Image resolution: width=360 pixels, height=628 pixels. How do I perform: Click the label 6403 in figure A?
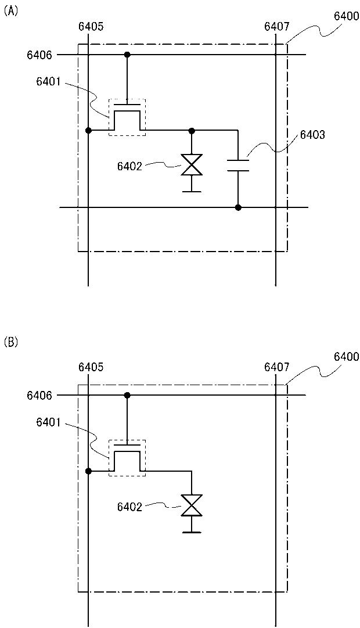[x=312, y=135]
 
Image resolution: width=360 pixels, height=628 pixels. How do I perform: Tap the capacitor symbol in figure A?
[x=238, y=164]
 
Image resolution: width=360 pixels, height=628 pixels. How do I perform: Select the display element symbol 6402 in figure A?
[x=191, y=165]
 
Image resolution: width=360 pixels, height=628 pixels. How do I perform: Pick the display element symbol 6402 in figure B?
[x=191, y=505]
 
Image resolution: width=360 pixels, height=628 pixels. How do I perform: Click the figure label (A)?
[x=11, y=11]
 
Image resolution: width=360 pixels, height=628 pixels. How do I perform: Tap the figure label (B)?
[x=11, y=342]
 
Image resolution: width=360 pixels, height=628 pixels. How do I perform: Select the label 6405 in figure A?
[x=90, y=26]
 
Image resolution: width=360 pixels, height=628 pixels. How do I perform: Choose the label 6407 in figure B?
[x=276, y=367]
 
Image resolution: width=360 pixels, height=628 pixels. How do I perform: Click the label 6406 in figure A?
[x=39, y=55]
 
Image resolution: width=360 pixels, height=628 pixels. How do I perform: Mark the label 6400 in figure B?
[x=347, y=356]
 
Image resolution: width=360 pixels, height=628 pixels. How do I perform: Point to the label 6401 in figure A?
[x=48, y=82]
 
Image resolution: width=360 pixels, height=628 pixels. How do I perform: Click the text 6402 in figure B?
[x=129, y=507]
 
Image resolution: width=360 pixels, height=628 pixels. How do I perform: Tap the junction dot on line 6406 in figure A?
[x=127, y=55]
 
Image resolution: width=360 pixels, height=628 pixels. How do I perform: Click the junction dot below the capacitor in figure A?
[x=238, y=207]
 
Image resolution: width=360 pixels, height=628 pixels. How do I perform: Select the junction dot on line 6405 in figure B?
[x=88, y=471]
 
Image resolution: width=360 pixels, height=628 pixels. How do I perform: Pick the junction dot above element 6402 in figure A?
[x=192, y=131]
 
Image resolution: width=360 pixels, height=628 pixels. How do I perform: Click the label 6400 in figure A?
[x=347, y=16]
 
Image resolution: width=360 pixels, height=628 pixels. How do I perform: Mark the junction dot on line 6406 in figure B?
[x=127, y=396]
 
